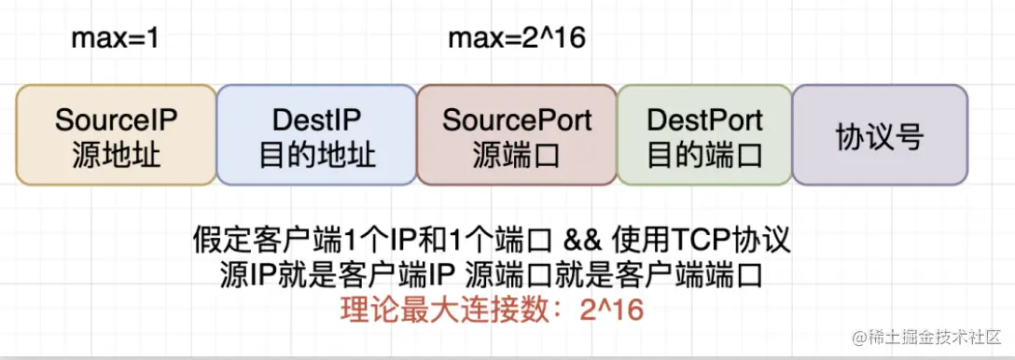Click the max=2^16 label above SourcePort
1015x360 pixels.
tap(517, 39)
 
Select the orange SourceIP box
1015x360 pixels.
tap(116, 135)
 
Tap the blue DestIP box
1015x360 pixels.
tap(316, 135)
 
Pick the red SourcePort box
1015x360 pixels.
tap(517, 135)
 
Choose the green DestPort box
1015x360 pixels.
tap(704, 135)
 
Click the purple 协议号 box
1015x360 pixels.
tap(880, 135)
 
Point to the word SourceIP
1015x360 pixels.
tap(116, 120)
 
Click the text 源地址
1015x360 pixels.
tap(116, 154)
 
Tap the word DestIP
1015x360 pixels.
tap(316, 120)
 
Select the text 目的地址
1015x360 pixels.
tap(316, 154)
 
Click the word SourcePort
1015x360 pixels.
tap(517, 120)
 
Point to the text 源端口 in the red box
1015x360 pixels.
tap(517, 154)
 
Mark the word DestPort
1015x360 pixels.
tap(704, 120)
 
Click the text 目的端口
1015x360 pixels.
tap(704, 154)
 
